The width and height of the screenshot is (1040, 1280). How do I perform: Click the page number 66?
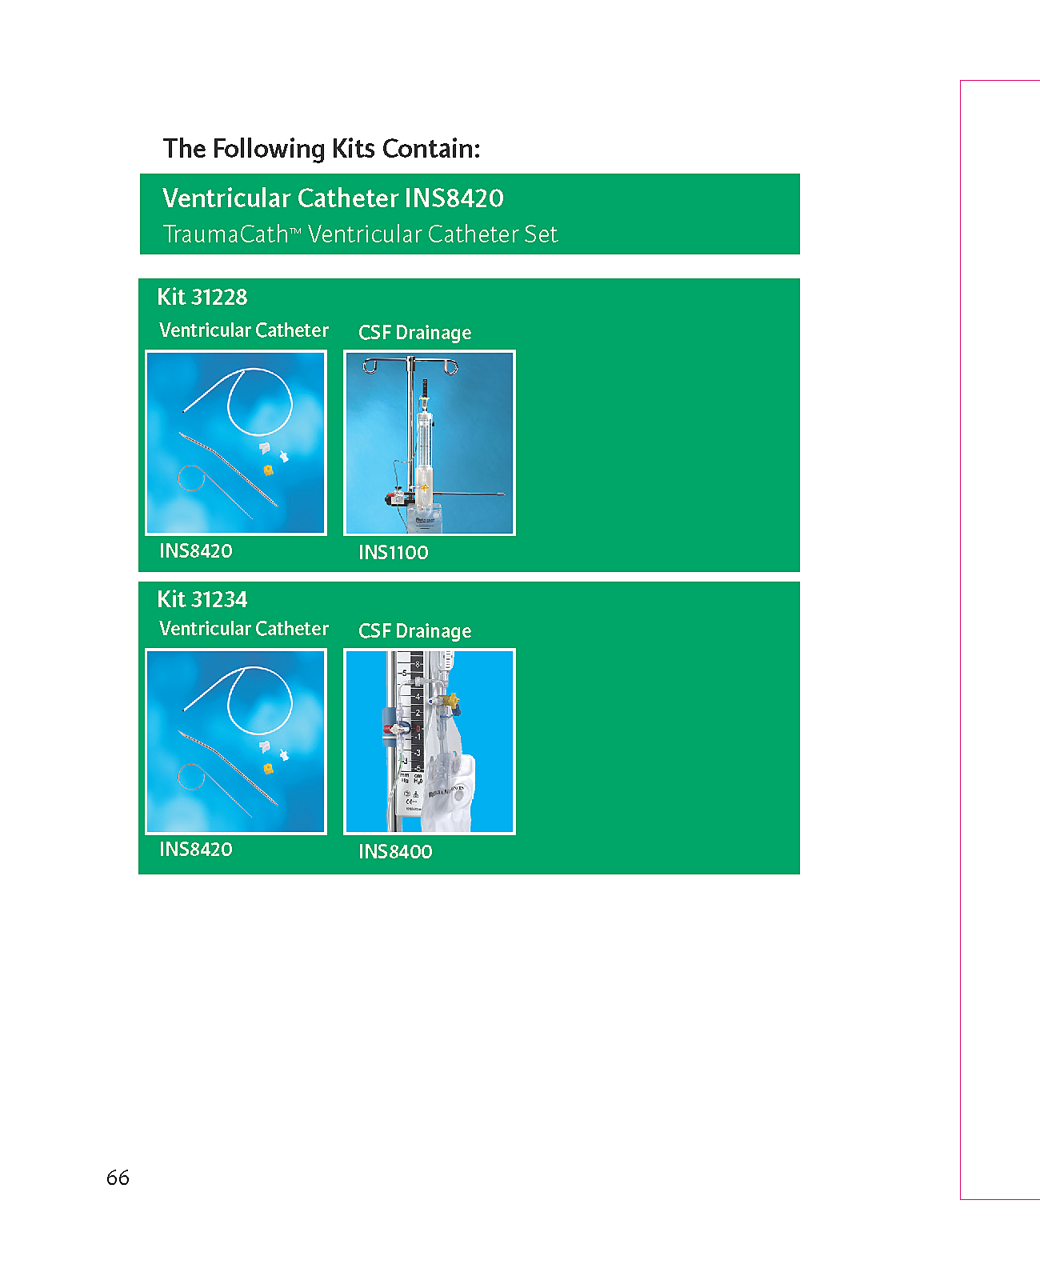pos(118,1178)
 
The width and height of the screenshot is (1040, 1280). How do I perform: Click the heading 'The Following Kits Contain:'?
pos(322,149)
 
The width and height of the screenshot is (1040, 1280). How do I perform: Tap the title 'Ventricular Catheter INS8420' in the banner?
pos(333,198)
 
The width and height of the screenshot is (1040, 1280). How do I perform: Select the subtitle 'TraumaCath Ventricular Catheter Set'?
pos(360,234)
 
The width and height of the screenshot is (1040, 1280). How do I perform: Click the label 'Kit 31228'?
pos(202,297)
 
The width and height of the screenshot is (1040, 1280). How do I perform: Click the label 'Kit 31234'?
pos(202,599)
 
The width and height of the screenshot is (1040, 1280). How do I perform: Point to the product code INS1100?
pos(393,553)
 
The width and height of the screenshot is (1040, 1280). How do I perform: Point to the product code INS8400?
pos(395,851)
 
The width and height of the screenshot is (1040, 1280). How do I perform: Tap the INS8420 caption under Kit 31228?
pos(196,551)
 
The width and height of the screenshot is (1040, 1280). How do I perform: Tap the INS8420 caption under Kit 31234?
pos(196,849)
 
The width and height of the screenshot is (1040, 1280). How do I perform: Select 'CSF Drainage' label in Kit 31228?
pos(414,332)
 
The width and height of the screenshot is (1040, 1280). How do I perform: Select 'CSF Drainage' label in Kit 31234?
pos(414,631)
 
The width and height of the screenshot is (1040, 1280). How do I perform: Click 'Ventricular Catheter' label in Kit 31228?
pos(244,330)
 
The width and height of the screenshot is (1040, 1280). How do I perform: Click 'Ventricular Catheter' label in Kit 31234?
pos(244,628)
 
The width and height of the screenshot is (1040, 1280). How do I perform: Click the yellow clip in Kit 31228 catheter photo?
pos(268,470)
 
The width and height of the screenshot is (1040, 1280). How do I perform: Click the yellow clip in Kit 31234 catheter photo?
pos(268,768)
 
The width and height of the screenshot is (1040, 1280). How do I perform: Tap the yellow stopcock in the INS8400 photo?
pos(450,700)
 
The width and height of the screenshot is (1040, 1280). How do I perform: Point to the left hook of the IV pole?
pos(370,366)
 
